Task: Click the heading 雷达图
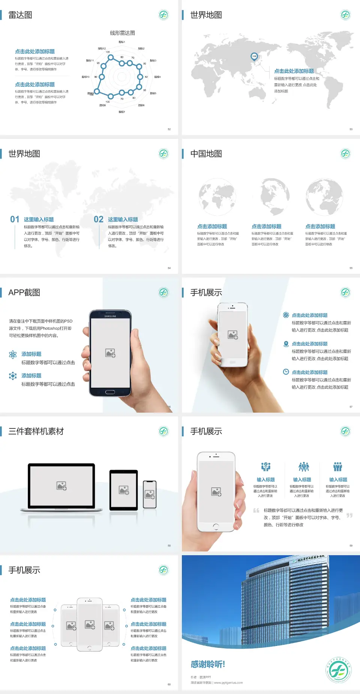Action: (20, 15)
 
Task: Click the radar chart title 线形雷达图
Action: (122, 33)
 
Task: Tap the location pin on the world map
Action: (254, 57)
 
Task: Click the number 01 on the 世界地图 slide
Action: (15, 219)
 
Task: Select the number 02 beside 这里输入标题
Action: (99, 219)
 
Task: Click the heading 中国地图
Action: (206, 154)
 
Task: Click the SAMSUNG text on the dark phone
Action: (110, 316)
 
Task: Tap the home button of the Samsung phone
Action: (110, 392)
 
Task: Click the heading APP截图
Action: (24, 293)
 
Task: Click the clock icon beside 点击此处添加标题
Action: (286, 372)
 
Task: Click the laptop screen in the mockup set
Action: (61, 486)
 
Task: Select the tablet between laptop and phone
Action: (124, 490)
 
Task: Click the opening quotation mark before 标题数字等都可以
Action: (256, 511)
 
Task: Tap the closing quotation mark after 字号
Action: (349, 515)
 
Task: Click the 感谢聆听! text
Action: (208, 664)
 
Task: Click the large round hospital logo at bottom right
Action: (339, 670)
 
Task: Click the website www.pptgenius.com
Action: (228, 683)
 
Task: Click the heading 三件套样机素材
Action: (36, 431)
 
